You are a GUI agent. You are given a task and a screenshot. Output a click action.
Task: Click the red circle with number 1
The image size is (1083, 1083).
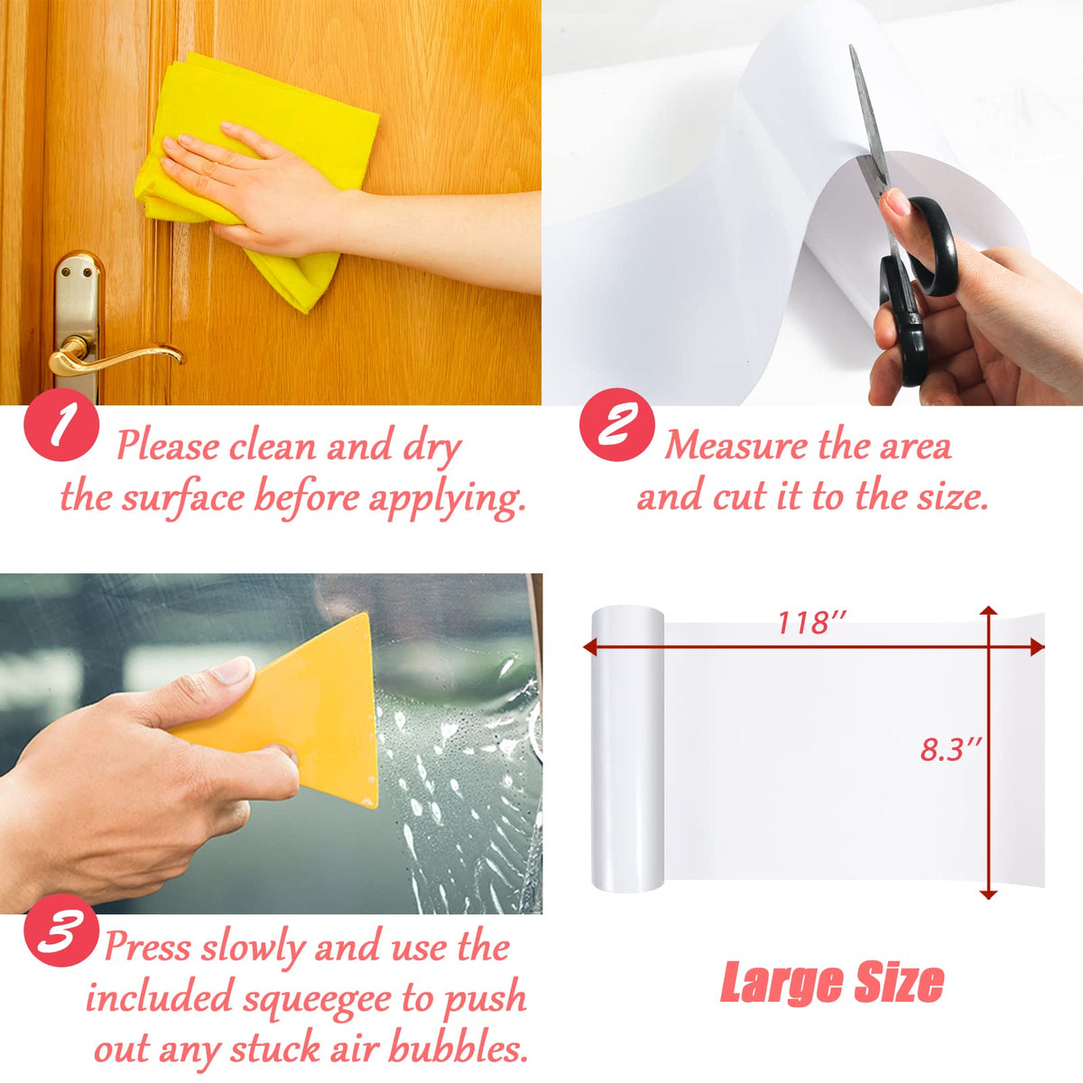(61, 425)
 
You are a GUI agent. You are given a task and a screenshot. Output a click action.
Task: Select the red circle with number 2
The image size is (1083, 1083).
(617, 425)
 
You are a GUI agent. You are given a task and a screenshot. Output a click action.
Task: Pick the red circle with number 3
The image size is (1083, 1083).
(61, 946)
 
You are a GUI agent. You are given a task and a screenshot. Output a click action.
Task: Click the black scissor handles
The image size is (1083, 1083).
(916, 281)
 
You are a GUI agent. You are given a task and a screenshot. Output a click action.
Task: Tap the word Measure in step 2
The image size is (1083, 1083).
(736, 447)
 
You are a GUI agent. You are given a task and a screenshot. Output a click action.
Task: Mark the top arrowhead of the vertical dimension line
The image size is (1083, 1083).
(988, 612)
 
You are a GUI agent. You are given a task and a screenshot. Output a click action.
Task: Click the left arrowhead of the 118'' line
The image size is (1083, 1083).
(589, 647)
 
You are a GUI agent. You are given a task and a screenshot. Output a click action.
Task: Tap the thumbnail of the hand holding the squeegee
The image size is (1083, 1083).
(233, 671)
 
